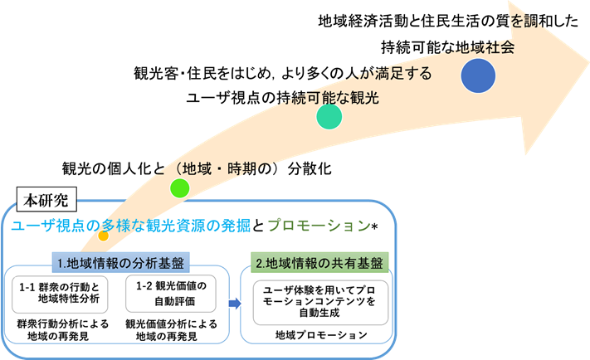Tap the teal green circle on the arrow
pos(329,117)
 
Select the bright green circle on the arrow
pos(180,187)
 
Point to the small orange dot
pos(103,236)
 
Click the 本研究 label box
pos(47,200)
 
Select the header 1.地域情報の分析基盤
pos(120,264)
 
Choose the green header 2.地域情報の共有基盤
pos(319,264)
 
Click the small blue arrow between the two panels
pos(235,304)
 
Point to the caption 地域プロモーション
pos(320,336)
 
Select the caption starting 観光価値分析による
pos(171,329)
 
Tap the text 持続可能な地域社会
pos(448,46)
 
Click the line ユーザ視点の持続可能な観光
pos(282,98)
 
